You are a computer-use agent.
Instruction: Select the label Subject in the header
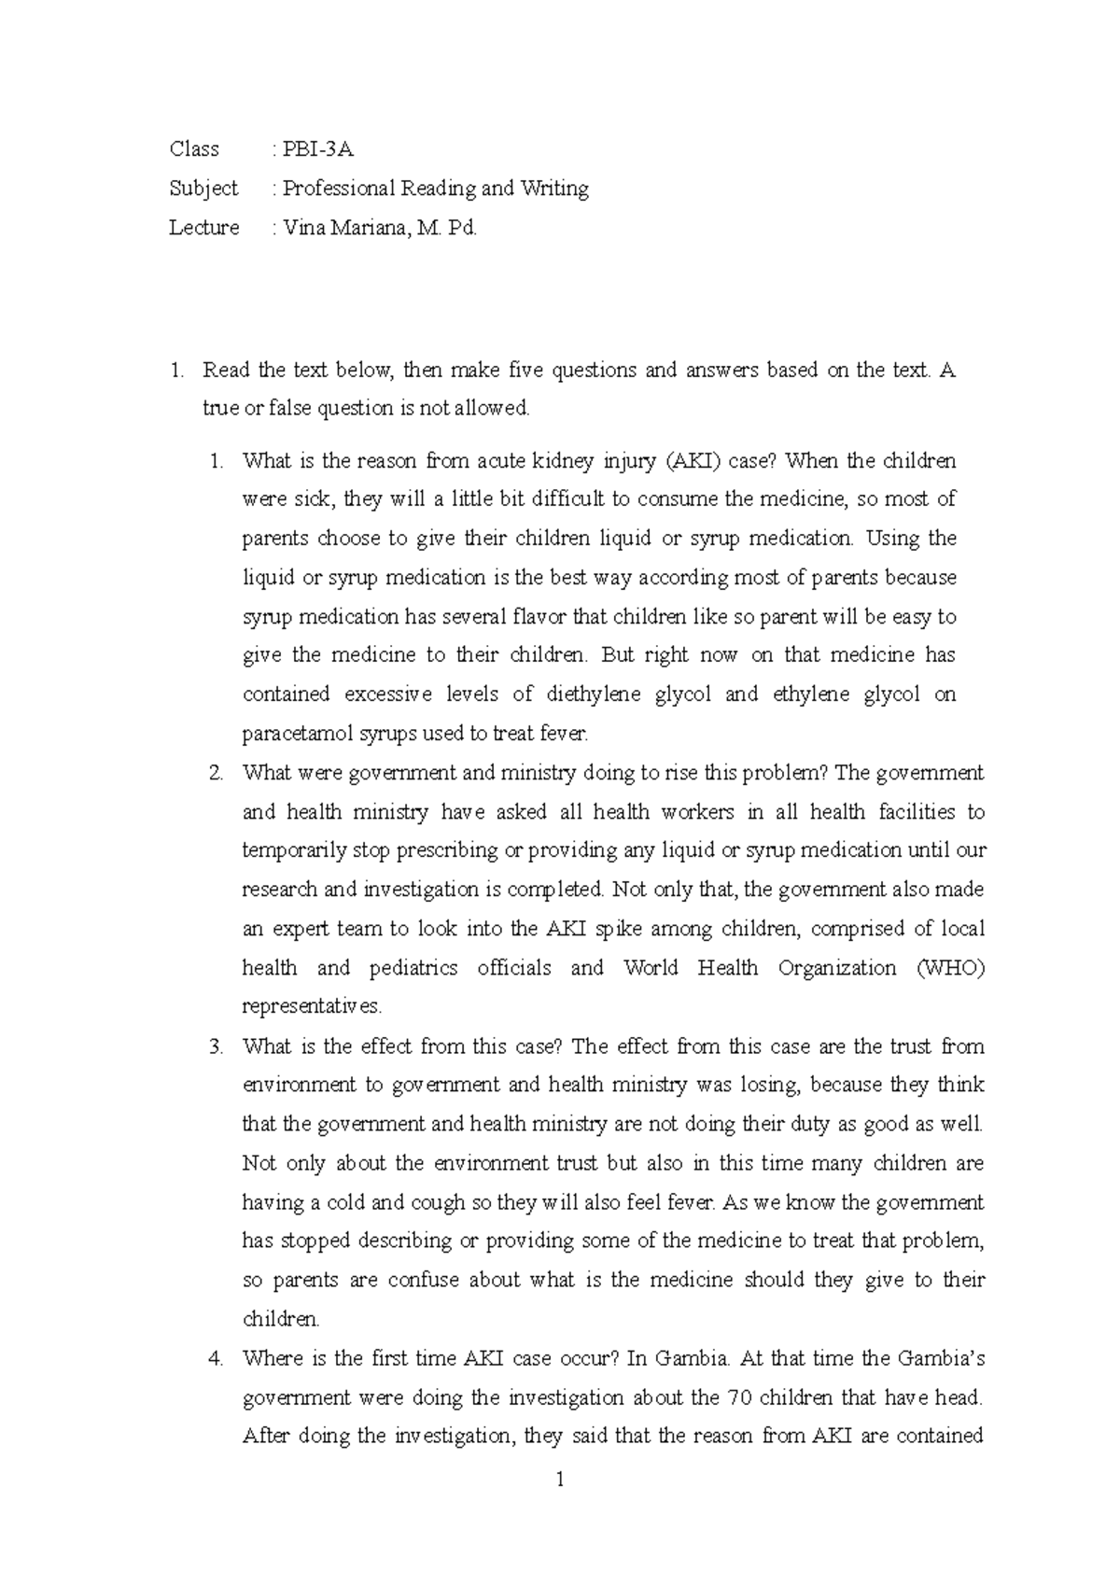203,189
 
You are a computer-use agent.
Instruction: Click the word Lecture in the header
203,228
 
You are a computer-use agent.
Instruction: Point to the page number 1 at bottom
560,1480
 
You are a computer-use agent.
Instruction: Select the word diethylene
595,694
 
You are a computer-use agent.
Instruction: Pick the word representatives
312,1007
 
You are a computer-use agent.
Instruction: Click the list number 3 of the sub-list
216,1046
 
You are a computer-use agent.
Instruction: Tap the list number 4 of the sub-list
216,1358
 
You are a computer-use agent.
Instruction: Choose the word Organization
836,968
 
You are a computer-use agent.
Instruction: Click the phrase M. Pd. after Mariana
448,228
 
